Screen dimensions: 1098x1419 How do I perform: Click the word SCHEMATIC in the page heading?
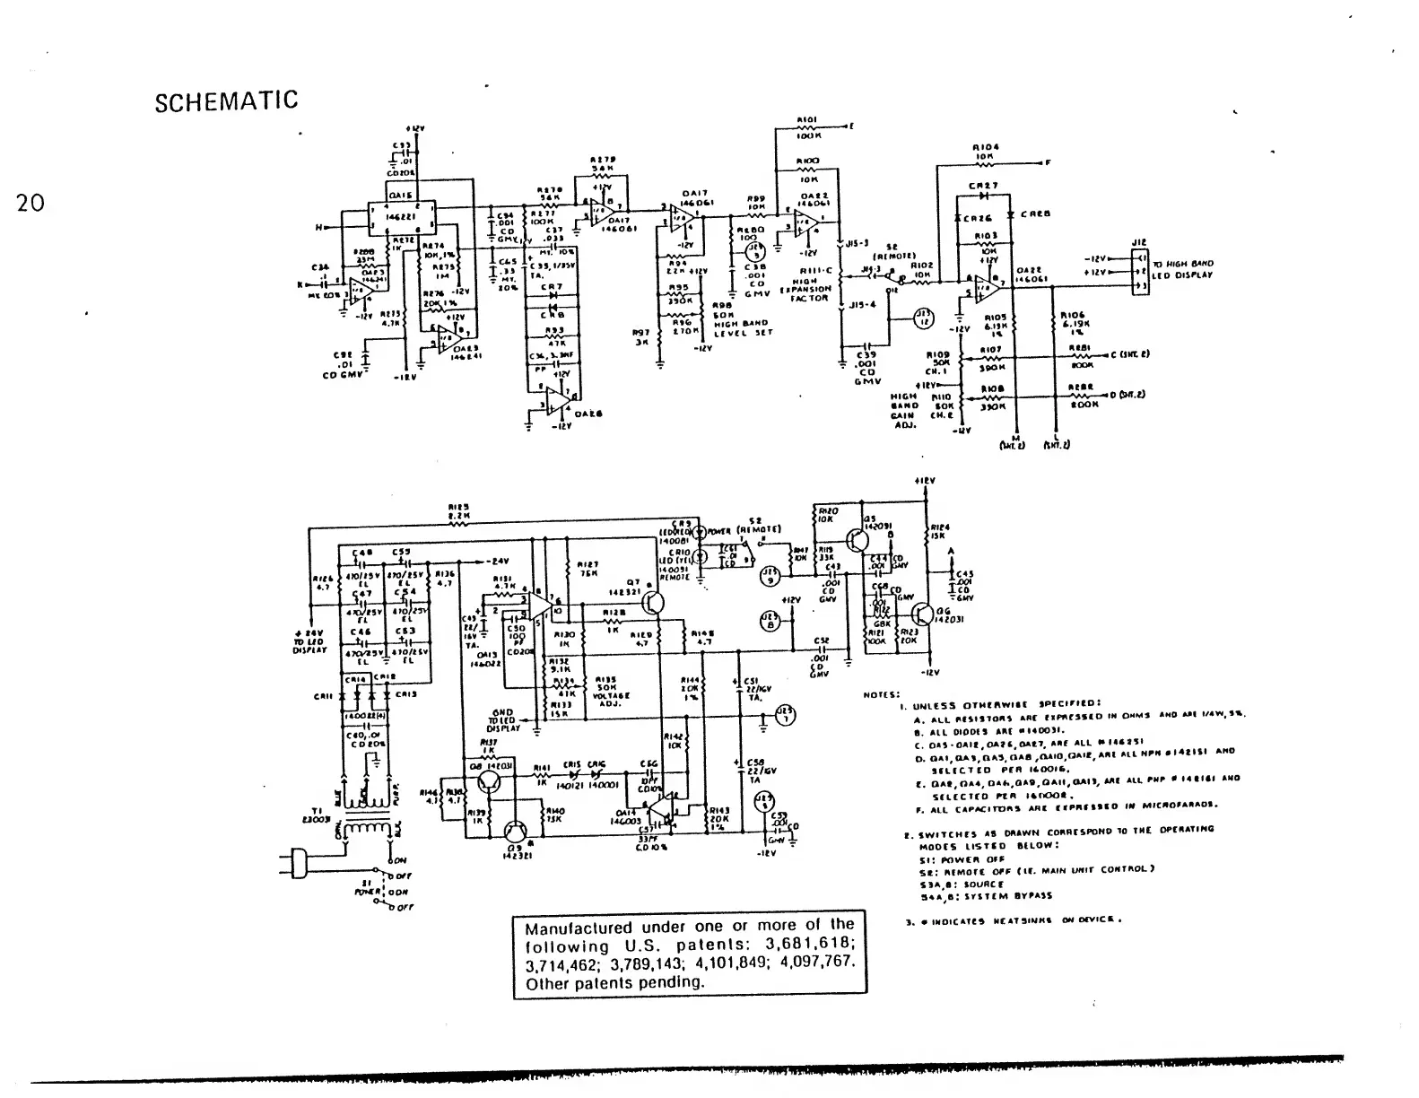[226, 100]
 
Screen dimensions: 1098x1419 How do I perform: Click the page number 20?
[30, 204]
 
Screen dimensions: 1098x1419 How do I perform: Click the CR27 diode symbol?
[985, 195]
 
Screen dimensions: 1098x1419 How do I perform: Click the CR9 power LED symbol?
[701, 531]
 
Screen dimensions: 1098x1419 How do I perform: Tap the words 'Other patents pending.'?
[615, 982]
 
